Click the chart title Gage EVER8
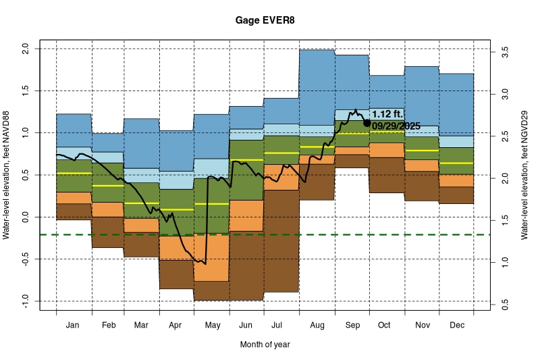(265, 21)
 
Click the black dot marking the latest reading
(367, 123)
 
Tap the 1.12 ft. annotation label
(387, 114)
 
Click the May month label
(212, 325)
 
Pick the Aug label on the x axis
(317, 325)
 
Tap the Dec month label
(456, 325)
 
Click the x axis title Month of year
(265, 344)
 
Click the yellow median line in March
(141, 203)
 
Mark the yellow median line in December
(456, 163)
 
